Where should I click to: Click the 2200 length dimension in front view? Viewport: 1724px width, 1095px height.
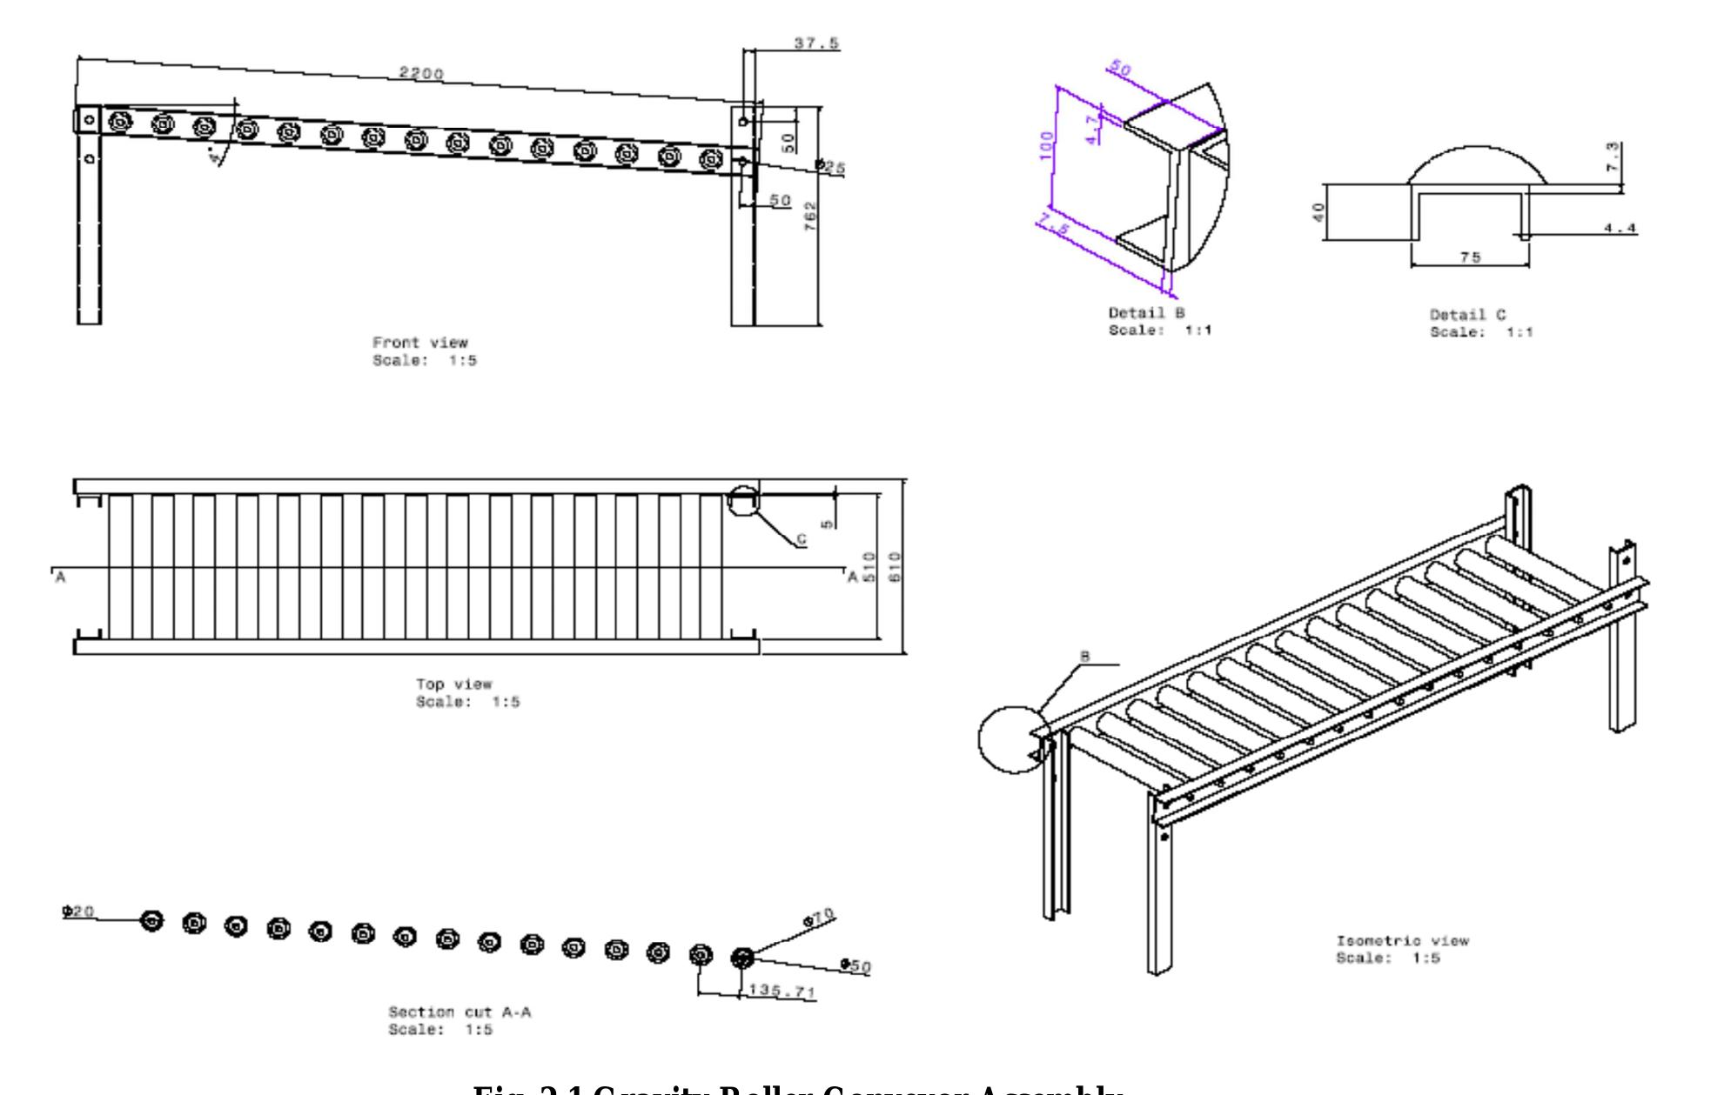coord(421,73)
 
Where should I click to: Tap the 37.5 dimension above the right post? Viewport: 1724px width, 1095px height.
coord(816,43)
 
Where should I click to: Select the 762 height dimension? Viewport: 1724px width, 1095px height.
coord(810,215)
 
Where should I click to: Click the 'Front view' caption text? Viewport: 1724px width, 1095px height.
coord(419,343)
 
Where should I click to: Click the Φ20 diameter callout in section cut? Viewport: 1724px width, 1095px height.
coord(78,911)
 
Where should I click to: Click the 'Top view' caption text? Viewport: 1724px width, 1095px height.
coord(453,684)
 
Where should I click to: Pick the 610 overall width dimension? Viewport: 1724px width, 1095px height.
coord(896,567)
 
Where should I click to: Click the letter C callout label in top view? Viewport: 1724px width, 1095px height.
coord(802,540)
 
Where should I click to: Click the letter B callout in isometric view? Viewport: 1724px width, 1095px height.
coord(1084,657)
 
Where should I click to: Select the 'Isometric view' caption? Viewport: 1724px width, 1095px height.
coord(1402,941)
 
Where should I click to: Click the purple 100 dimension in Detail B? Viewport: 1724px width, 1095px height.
coord(1047,140)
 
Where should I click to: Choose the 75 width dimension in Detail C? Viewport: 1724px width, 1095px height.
coord(1471,257)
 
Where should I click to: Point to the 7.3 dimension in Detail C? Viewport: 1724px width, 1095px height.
coord(1613,157)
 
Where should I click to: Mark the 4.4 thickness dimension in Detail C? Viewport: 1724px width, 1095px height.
coord(1620,229)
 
